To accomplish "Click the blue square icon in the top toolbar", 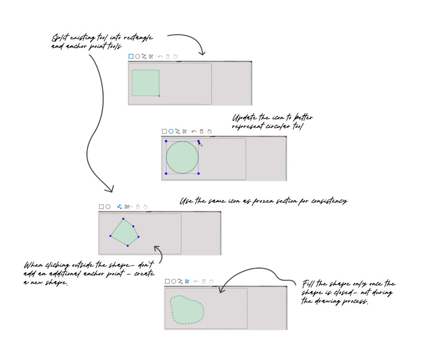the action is [x=131, y=56].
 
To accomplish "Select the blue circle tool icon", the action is [x=171, y=132].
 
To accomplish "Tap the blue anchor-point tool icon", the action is [x=120, y=206].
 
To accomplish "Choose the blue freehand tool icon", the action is [x=187, y=282].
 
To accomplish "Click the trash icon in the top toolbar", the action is [x=168, y=56].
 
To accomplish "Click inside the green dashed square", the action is [x=146, y=83].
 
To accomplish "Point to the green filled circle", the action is [x=182, y=157].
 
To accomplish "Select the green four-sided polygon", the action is [x=125, y=233].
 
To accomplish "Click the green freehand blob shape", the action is [x=187, y=310].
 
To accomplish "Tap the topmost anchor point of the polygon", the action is [x=123, y=219].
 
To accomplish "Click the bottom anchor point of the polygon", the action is [x=128, y=245].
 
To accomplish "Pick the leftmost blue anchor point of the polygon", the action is [x=110, y=236].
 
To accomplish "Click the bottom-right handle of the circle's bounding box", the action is [x=198, y=174].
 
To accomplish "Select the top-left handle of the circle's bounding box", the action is [x=166, y=141].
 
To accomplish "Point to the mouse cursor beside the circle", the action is [x=200, y=144].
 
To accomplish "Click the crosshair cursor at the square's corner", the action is [x=159, y=96].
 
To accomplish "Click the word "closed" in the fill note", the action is [x=344, y=292].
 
